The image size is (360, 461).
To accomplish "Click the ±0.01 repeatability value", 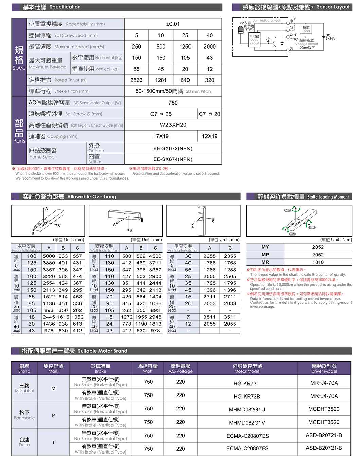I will point(173,24).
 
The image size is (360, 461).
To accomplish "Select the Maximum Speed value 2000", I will point(210,47).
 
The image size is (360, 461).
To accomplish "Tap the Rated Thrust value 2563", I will point(137,80).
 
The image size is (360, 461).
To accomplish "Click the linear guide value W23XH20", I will point(173,125).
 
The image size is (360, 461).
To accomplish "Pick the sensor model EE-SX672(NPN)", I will point(173,148).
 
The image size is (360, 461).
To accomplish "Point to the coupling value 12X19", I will point(210,136).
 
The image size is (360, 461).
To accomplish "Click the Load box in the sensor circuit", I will point(306,29).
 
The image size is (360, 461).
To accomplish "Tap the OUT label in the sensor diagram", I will point(293,35).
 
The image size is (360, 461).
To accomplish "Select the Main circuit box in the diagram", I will point(254,40).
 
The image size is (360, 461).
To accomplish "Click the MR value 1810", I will point(318,262).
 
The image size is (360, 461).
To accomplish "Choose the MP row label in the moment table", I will point(265,255).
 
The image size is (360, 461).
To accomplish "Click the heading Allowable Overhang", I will point(92,197).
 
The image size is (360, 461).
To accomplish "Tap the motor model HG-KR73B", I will point(247,396).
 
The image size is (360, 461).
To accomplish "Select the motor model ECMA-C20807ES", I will point(248,436).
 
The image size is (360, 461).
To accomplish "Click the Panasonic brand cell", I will point(24,415).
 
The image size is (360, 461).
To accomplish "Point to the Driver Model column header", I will point(324,368).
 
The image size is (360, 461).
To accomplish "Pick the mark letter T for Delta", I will point(53,442).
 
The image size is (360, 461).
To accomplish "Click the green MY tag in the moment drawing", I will point(288,210).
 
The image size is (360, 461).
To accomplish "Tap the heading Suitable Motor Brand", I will point(103,351).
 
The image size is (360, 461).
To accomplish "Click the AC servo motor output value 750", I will point(173,103).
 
